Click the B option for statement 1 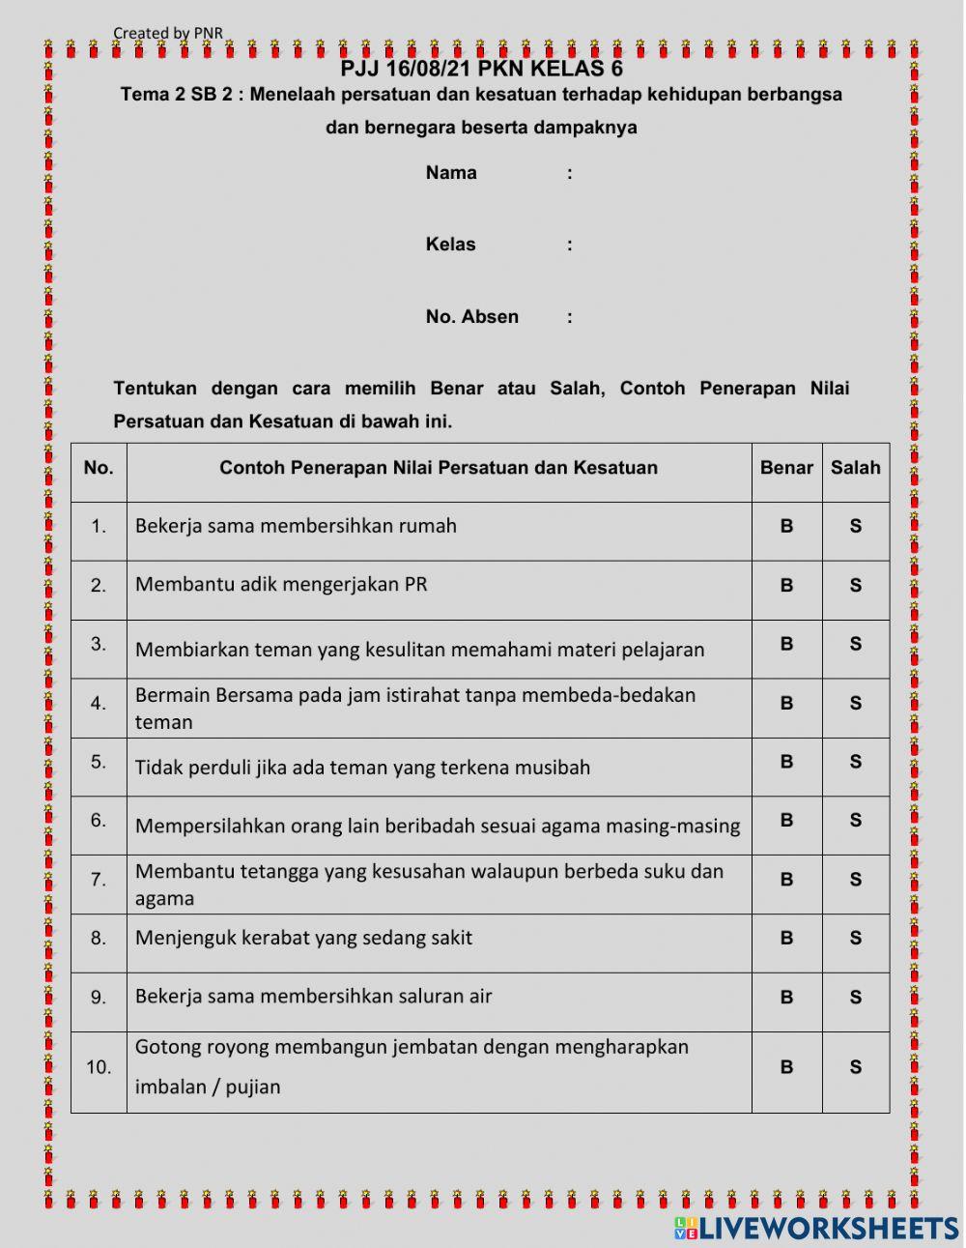click(x=786, y=527)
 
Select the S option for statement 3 click(x=855, y=644)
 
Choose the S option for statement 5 click(x=855, y=762)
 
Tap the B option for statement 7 click(x=786, y=880)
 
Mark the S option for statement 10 click(x=855, y=1067)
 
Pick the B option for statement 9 click(x=786, y=997)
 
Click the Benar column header click(x=786, y=468)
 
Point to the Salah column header click(x=855, y=468)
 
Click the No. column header click(x=99, y=468)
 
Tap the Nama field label click(x=451, y=173)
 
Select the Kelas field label click(x=450, y=245)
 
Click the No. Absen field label click(x=471, y=317)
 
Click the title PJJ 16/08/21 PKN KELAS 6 click(x=481, y=69)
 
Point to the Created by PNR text click(x=168, y=33)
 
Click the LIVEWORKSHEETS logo click(x=816, y=1228)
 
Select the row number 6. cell click(x=99, y=821)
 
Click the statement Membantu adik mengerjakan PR click(x=281, y=584)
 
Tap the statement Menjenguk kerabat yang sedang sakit click(x=303, y=937)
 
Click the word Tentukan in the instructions click(x=155, y=389)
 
